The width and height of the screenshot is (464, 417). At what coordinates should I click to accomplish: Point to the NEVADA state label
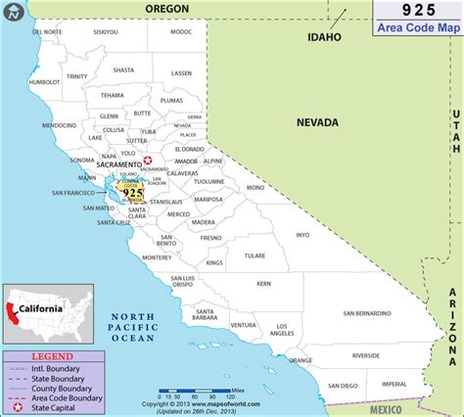(x=317, y=122)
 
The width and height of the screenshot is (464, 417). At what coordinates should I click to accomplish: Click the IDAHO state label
(x=324, y=38)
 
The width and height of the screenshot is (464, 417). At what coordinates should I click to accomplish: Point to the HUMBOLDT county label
(x=45, y=82)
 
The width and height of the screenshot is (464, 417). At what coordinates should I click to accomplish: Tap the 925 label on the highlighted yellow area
(x=134, y=193)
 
